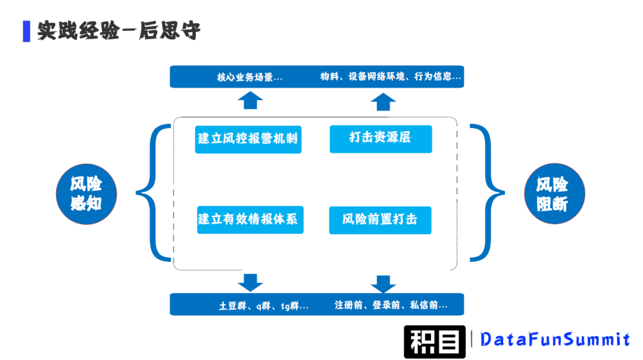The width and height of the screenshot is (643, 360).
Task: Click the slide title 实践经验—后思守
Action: [118, 31]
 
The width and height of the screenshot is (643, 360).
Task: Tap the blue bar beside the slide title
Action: [26, 31]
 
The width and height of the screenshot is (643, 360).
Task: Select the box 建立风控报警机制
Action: [248, 139]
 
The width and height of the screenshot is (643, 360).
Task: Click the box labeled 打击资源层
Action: [380, 138]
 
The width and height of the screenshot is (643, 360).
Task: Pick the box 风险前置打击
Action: [380, 220]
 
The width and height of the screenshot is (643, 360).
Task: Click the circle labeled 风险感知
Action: [86, 194]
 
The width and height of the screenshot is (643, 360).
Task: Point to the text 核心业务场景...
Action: [249, 77]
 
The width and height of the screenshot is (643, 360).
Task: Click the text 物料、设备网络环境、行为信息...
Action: [391, 77]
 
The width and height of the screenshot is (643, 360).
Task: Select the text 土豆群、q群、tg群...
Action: [264, 306]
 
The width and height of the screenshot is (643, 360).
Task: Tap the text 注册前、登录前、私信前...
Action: [391, 305]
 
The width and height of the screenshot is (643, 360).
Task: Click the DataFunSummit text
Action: [555, 340]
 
